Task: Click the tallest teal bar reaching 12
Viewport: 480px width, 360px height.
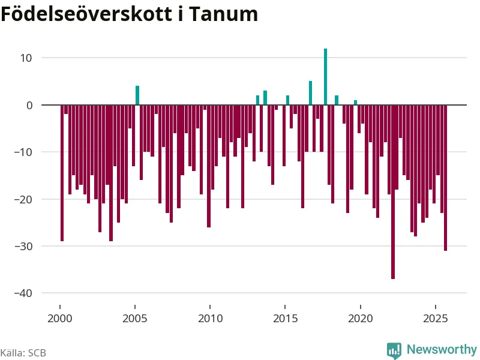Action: pos(325,77)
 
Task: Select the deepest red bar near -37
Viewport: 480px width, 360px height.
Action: pos(393,192)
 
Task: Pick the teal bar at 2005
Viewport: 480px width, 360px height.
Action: pos(137,95)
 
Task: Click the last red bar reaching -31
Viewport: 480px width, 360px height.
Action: pos(446,178)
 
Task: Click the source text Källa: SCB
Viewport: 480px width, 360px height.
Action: pos(23,353)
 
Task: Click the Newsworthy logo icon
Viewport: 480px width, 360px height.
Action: pos(394,350)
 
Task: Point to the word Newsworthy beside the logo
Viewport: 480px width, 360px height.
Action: pos(442,349)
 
